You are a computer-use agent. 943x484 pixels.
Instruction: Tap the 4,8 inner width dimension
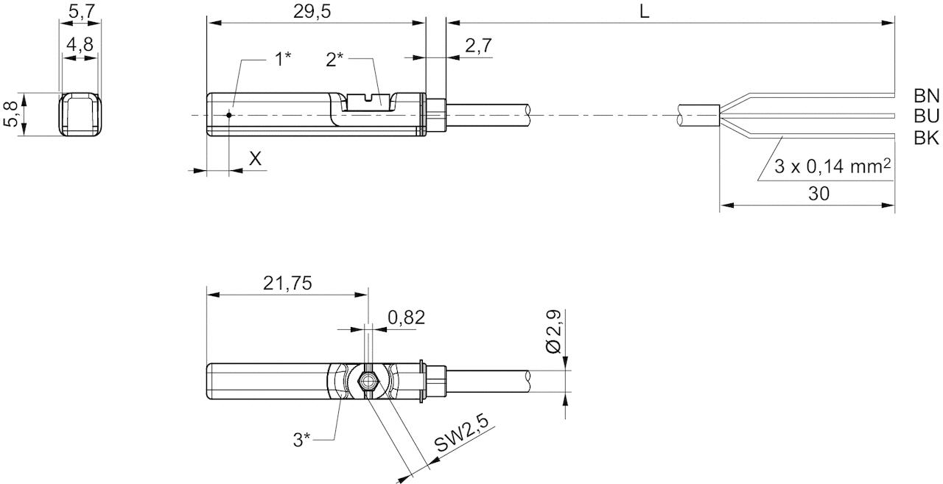80,44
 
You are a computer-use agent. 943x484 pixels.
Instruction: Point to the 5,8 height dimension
11,114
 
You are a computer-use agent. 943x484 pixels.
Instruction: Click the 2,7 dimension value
478,46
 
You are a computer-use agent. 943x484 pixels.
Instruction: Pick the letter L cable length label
644,12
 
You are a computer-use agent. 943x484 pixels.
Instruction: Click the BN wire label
926,96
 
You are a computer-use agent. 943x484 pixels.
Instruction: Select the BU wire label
926,116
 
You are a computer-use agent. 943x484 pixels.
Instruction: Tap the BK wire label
926,138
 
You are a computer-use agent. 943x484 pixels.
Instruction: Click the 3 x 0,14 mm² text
832,168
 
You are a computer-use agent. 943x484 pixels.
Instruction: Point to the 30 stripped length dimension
818,194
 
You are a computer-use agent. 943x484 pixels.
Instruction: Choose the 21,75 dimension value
287,283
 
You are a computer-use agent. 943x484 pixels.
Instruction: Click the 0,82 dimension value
407,318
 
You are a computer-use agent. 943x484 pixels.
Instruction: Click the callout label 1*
283,60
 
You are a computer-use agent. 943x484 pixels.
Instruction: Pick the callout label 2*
336,60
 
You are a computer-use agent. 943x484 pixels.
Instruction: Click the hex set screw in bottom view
366,382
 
